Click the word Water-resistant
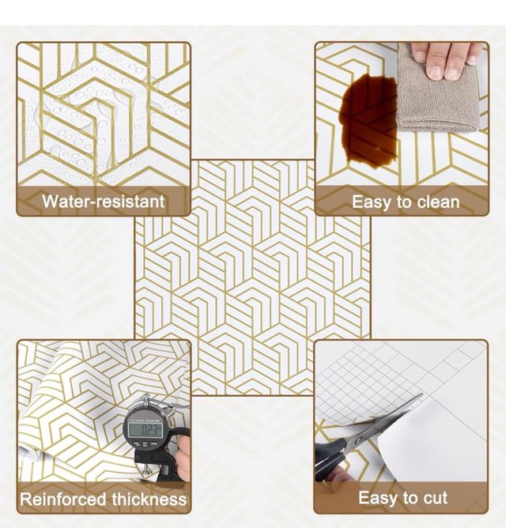104,202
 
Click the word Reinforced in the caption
64,499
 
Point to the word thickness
149,499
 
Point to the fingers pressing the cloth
444,59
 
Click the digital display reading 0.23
147,430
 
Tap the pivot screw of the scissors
359,440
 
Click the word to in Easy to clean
404,202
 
